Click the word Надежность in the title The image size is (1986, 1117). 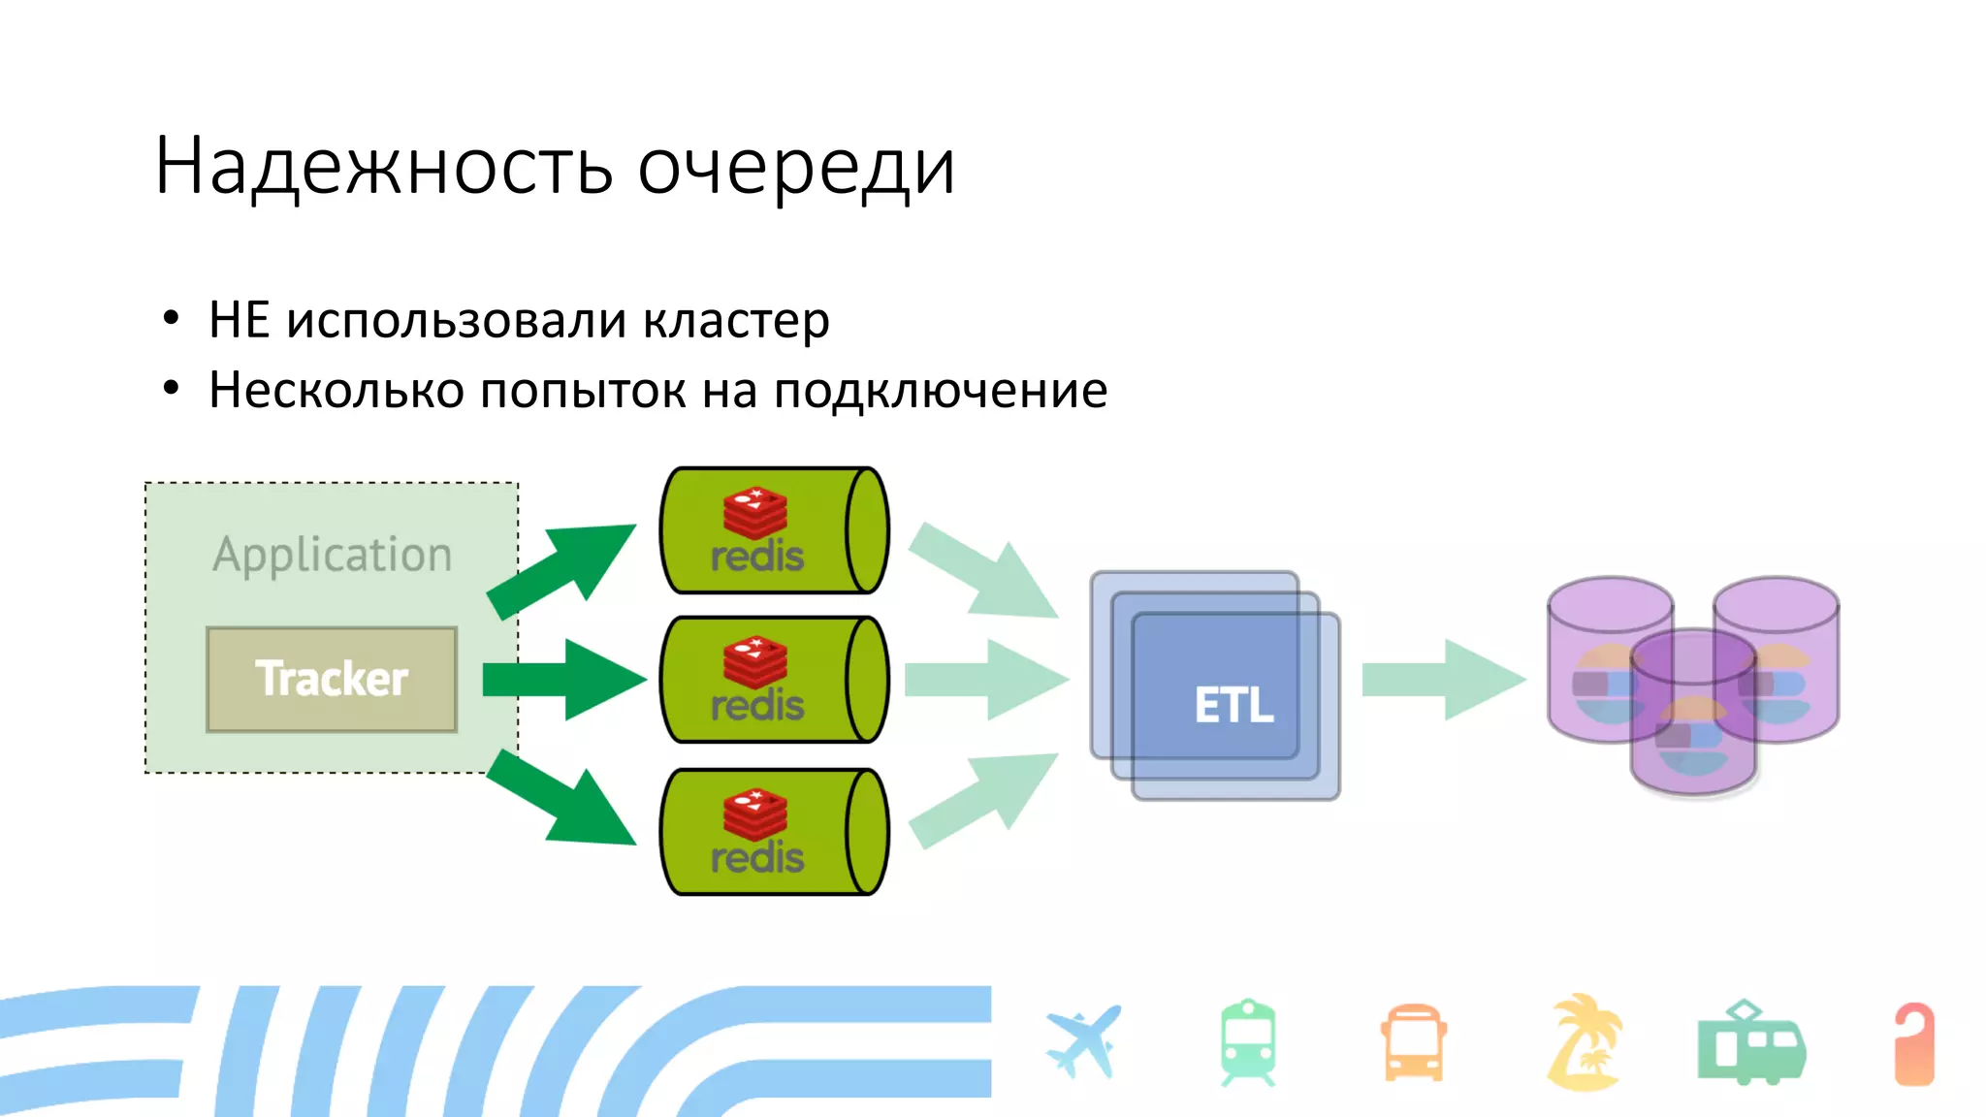pos(383,167)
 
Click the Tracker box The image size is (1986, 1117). pos(332,679)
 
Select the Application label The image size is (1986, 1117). pos(332,555)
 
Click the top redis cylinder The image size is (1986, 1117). pos(774,530)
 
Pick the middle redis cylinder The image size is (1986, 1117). pos(774,680)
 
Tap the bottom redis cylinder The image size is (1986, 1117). pos(774,832)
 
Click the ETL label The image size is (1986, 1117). pos(1233,705)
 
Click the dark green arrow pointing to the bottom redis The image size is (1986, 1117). pos(562,797)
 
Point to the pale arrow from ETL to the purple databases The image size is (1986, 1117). pos(1442,680)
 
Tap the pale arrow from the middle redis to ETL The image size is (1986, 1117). pos(985,680)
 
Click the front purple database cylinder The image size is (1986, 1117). pos(1693,713)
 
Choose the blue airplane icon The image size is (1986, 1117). pos(1084,1043)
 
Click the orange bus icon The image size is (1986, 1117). pos(1414,1043)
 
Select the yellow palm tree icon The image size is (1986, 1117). pos(1584,1042)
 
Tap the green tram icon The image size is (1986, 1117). pos(1750,1044)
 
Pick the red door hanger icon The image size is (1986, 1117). pos(1914,1044)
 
